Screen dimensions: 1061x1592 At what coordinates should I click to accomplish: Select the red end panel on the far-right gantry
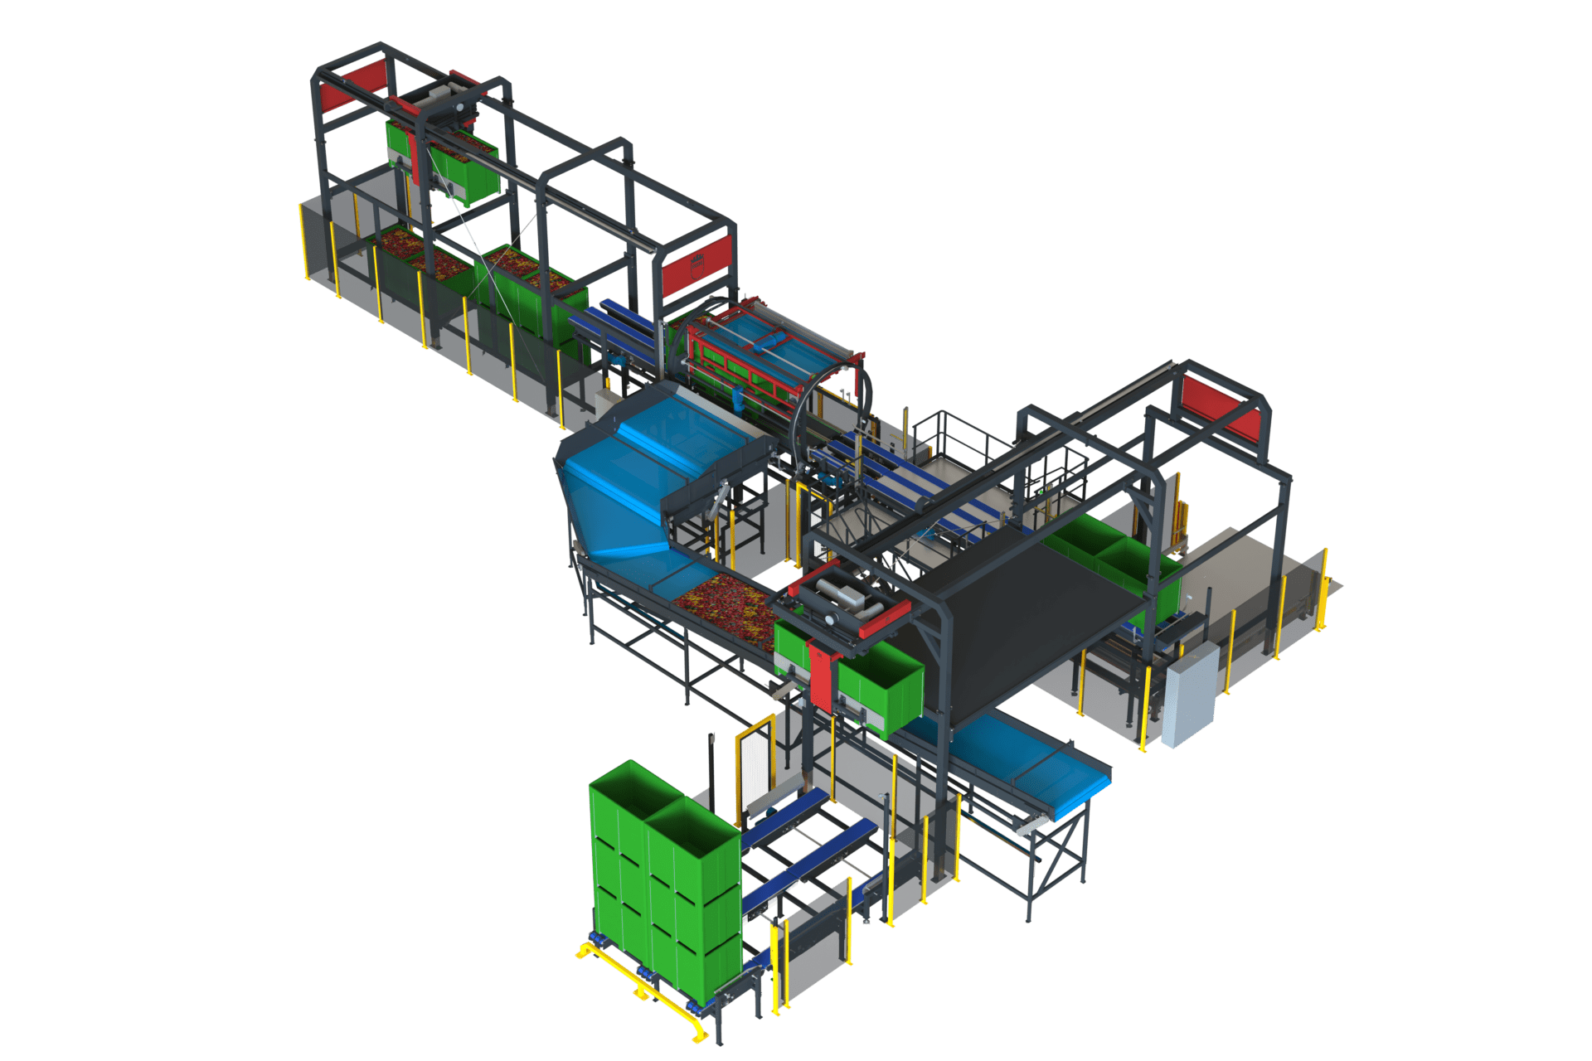[x=1219, y=406]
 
